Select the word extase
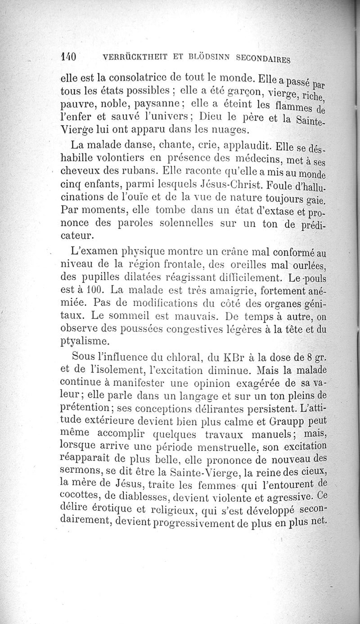(277, 211)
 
